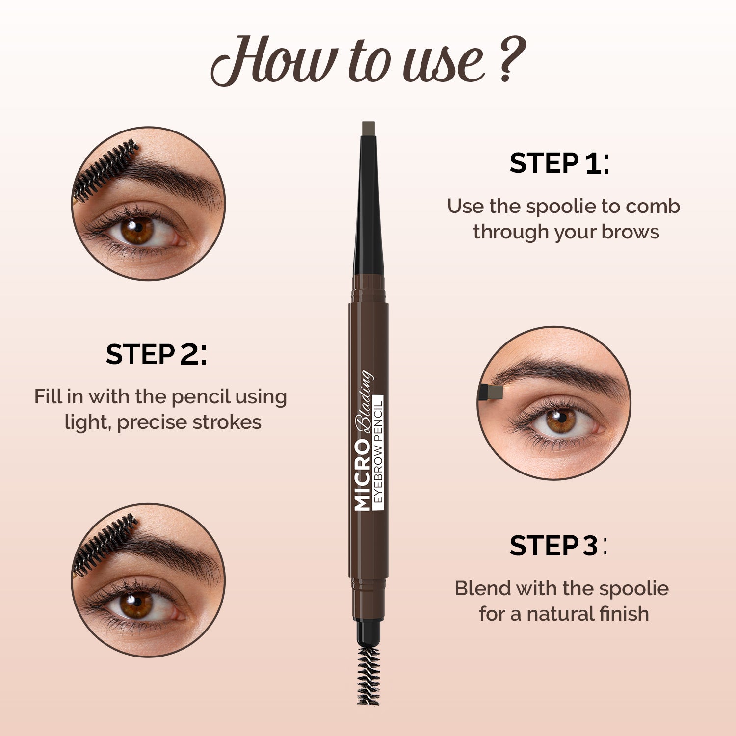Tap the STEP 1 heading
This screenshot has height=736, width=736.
pyautogui.click(x=559, y=163)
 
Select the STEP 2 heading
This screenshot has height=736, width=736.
pyautogui.click(x=156, y=355)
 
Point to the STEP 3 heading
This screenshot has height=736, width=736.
pyautogui.click(x=558, y=546)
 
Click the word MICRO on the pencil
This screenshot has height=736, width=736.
pyautogui.click(x=362, y=475)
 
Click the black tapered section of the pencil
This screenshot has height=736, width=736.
pyautogui.click(x=368, y=211)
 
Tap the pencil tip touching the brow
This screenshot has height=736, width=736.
pyautogui.click(x=492, y=392)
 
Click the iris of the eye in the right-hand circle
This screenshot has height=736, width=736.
pyautogui.click(x=560, y=421)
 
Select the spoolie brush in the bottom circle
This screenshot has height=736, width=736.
pyautogui.click(x=104, y=544)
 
